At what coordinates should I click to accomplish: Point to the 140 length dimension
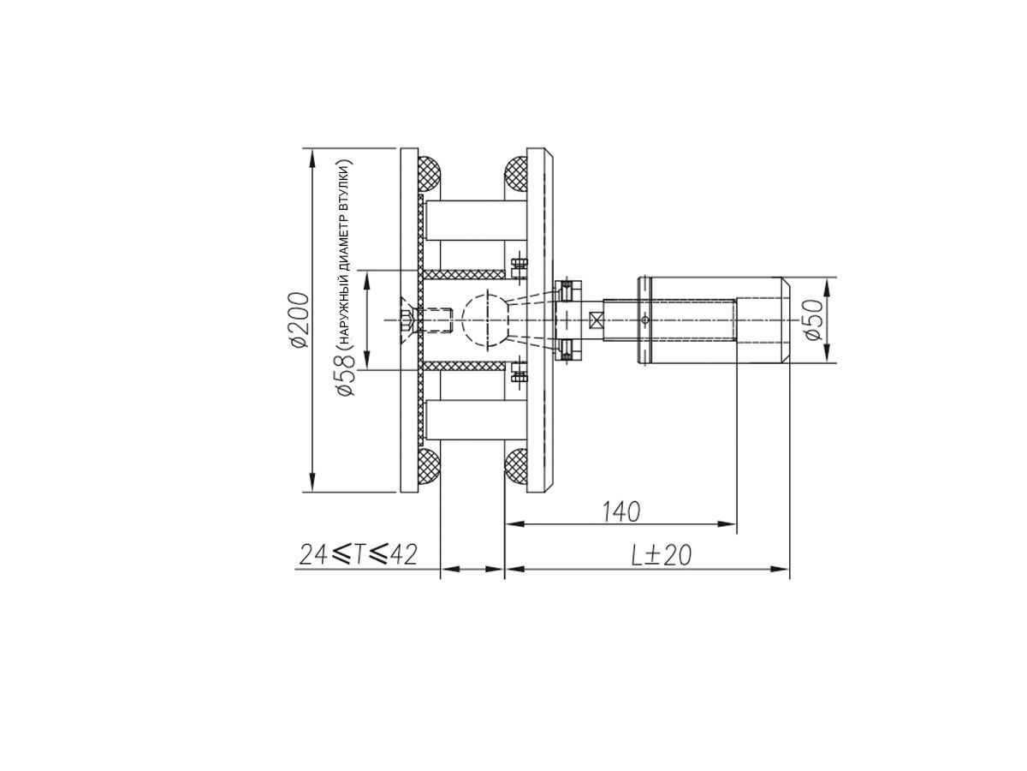click(x=620, y=511)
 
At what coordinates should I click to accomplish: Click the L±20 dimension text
click(x=661, y=555)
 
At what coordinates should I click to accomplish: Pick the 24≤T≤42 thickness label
click(x=358, y=555)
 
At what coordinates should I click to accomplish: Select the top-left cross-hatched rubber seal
click(x=429, y=175)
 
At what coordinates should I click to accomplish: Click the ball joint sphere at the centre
click(x=485, y=320)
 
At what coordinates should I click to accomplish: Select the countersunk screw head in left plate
click(x=408, y=320)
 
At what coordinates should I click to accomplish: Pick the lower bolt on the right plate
click(x=519, y=374)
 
